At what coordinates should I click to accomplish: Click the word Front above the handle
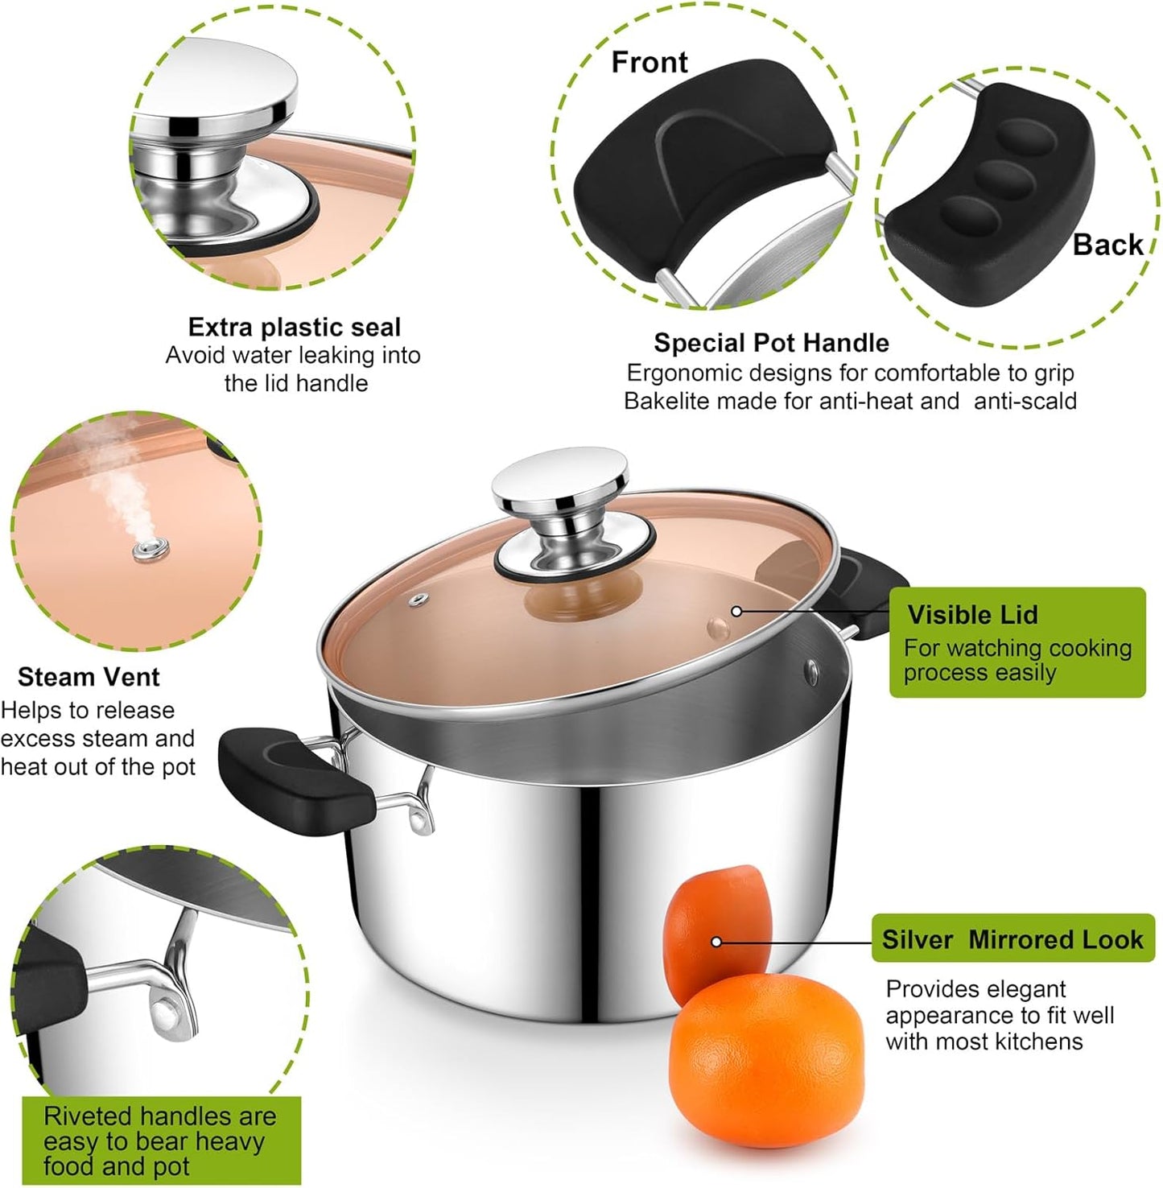(x=649, y=62)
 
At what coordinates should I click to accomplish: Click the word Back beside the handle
(x=1107, y=245)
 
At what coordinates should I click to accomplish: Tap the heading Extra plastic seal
(x=294, y=327)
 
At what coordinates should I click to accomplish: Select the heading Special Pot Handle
(x=770, y=343)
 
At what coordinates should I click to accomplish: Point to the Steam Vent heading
(x=89, y=677)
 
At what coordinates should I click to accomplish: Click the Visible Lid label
(x=972, y=615)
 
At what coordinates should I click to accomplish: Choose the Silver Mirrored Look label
(x=1012, y=939)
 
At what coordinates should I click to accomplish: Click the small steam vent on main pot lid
(x=417, y=600)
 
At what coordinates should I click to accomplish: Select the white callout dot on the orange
(x=716, y=942)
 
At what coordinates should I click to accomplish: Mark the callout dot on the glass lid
(x=736, y=611)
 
